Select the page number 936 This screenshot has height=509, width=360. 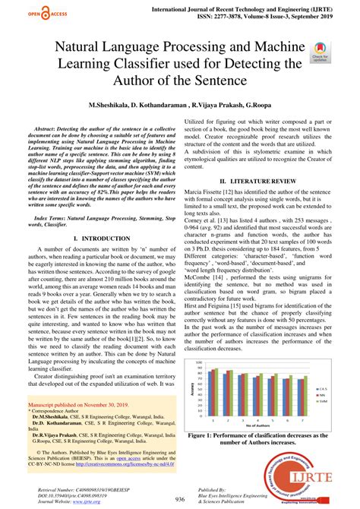click(180, 499)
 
